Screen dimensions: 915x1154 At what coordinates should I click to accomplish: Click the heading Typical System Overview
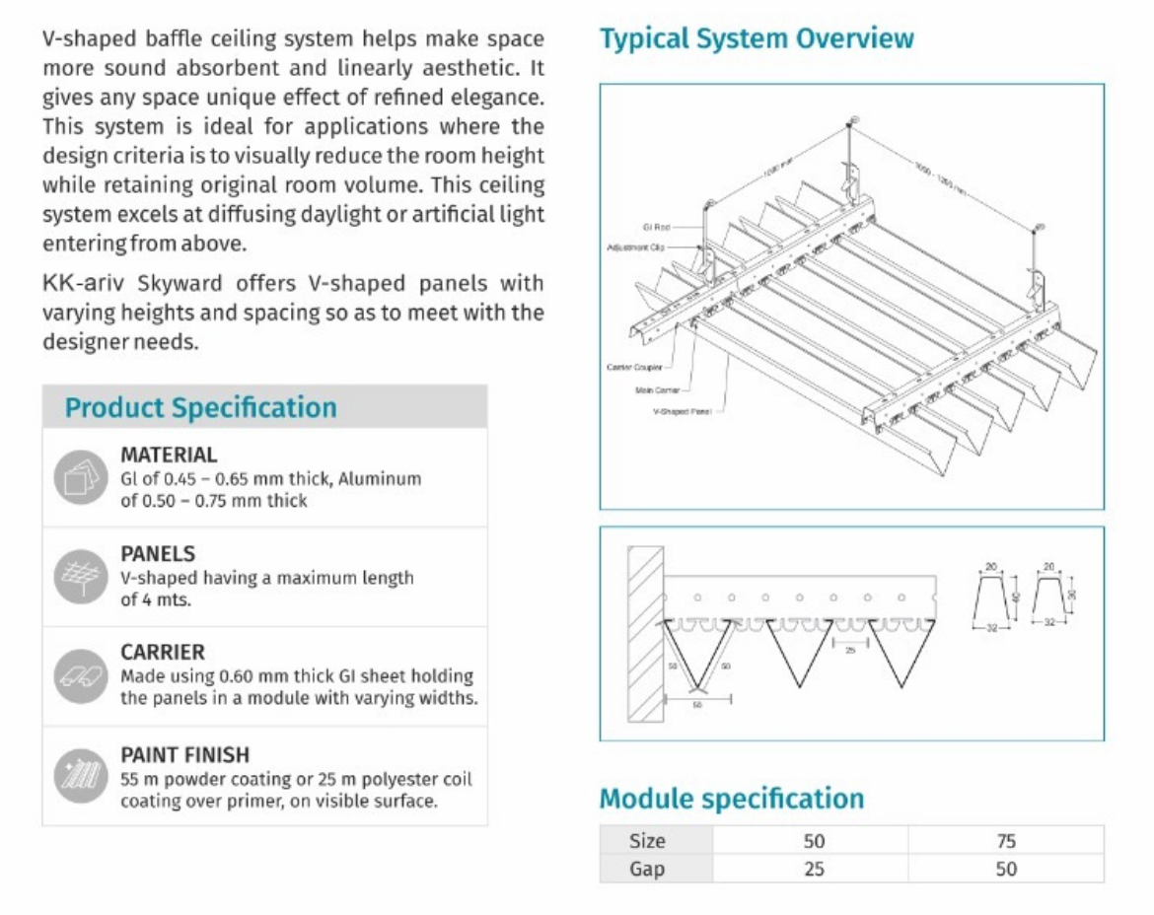(757, 39)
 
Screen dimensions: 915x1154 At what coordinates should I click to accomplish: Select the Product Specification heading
(200, 407)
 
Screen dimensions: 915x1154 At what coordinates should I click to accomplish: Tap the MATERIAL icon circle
(80, 478)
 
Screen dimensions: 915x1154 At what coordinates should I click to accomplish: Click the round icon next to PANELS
(80, 577)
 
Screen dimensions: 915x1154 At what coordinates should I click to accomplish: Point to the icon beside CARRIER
(80, 676)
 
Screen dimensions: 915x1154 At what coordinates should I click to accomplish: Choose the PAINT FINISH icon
(80, 778)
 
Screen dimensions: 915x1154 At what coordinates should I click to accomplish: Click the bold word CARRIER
(163, 653)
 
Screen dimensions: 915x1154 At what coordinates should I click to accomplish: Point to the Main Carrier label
(654, 389)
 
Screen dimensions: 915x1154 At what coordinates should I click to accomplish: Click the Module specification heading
(731, 798)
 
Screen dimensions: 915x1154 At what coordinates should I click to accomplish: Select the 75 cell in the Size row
(1005, 841)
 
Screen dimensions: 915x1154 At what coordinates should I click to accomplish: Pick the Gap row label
(647, 869)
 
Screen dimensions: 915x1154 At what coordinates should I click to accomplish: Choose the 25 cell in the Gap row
(813, 869)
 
